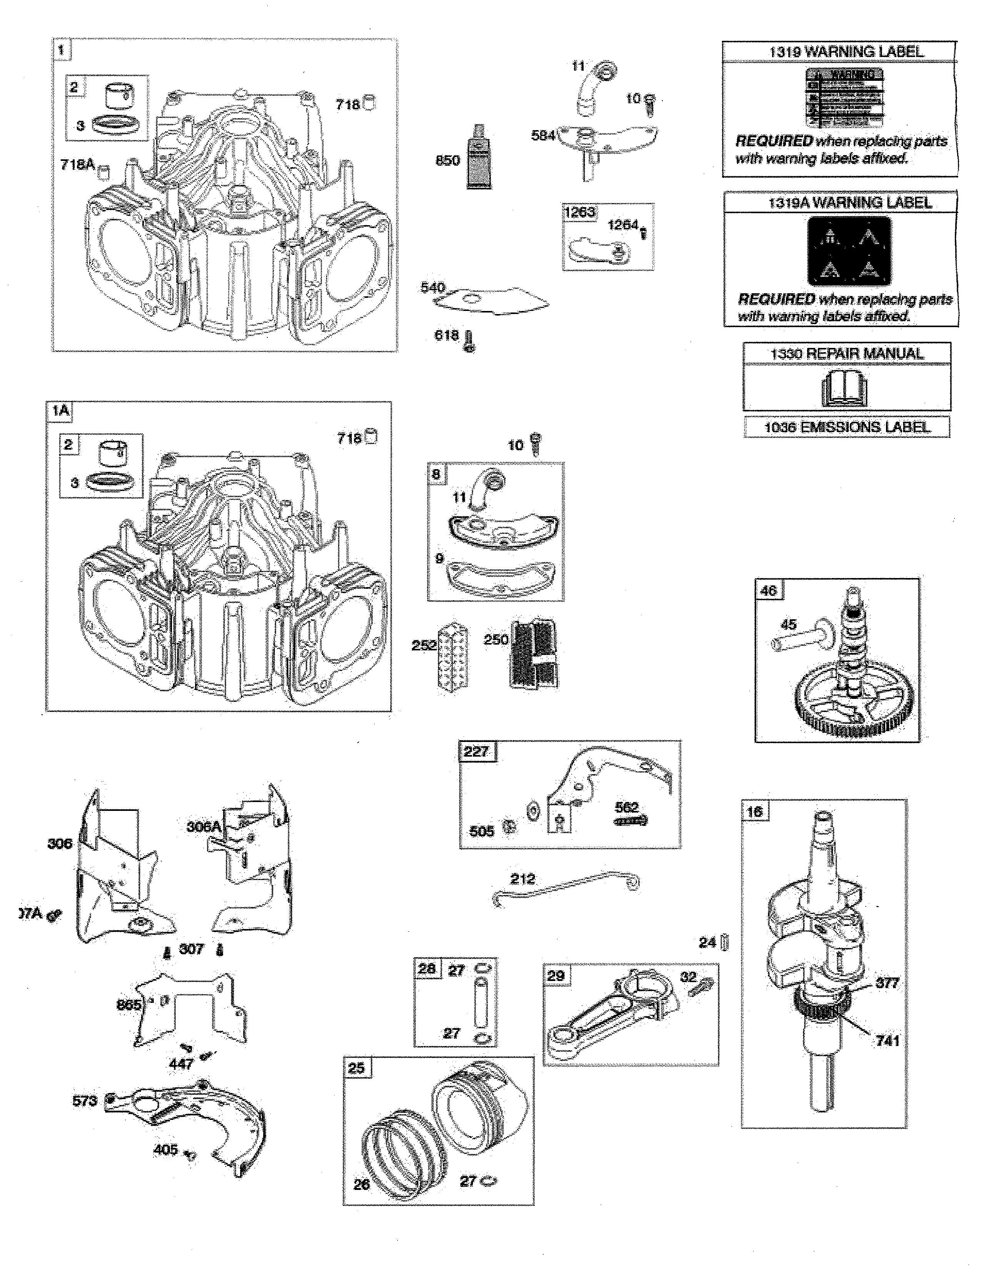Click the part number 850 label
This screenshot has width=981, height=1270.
[x=447, y=160]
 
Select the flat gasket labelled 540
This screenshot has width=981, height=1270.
[x=494, y=301]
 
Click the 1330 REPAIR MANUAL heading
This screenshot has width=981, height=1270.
[x=847, y=354]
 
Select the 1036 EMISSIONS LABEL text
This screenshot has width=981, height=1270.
[x=847, y=428]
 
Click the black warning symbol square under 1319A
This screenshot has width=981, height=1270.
[x=849, y=251]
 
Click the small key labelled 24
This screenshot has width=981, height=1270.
[x=724, y=942]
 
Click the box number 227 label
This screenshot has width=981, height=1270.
[x=476, y=751]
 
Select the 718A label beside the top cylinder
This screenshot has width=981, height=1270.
[x=77, y=165]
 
